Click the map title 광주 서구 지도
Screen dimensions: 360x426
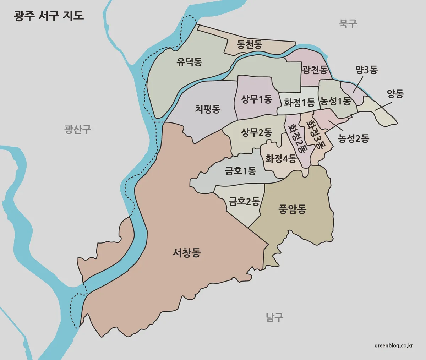(x=49, y=16)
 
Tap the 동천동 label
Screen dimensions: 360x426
(x=249, y=44)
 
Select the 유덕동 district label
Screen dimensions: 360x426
(x=189, y=62)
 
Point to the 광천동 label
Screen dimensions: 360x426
(x=315, y=70)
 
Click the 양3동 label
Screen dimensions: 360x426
(x=366, y=70)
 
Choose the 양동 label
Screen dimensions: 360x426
(x=395, y=94)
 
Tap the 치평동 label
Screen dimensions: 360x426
(x=208, y=109)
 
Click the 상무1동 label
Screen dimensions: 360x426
(x=256, y=99)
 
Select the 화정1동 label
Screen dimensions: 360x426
(x=299, y=103)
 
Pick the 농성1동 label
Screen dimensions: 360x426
(x=335, y=102)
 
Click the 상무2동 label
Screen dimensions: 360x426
(x=256, y=133)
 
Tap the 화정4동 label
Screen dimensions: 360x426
(x=280, y=158)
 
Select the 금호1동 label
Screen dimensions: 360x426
(x=240, y=171)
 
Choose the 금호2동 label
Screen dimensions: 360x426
(x=244, y=202)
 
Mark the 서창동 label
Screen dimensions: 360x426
(x=186, y=253)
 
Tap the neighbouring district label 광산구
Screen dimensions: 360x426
(x=78, y=129)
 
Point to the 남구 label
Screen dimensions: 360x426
(x=275, y=317)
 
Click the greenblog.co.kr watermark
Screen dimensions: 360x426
(x=393, y=345)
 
